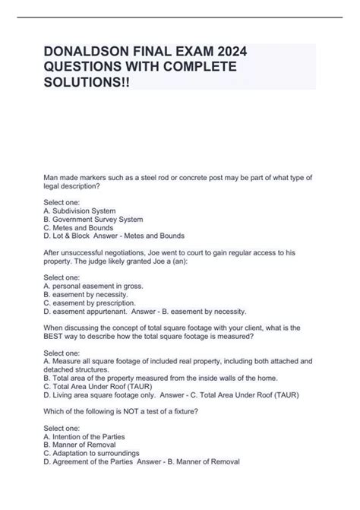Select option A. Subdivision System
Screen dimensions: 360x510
[x=80, y=211]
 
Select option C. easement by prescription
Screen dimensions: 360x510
[x=93, y=303]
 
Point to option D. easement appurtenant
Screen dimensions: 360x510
[x=90, y=312]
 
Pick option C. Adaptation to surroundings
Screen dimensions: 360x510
[x=92, y=455]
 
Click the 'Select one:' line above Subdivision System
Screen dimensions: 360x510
[x=62, y=201]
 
